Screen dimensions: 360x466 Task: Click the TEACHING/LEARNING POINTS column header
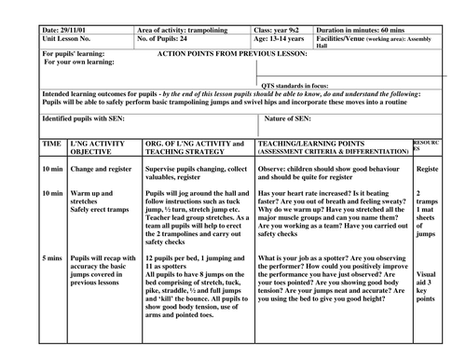coord(307,146)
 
